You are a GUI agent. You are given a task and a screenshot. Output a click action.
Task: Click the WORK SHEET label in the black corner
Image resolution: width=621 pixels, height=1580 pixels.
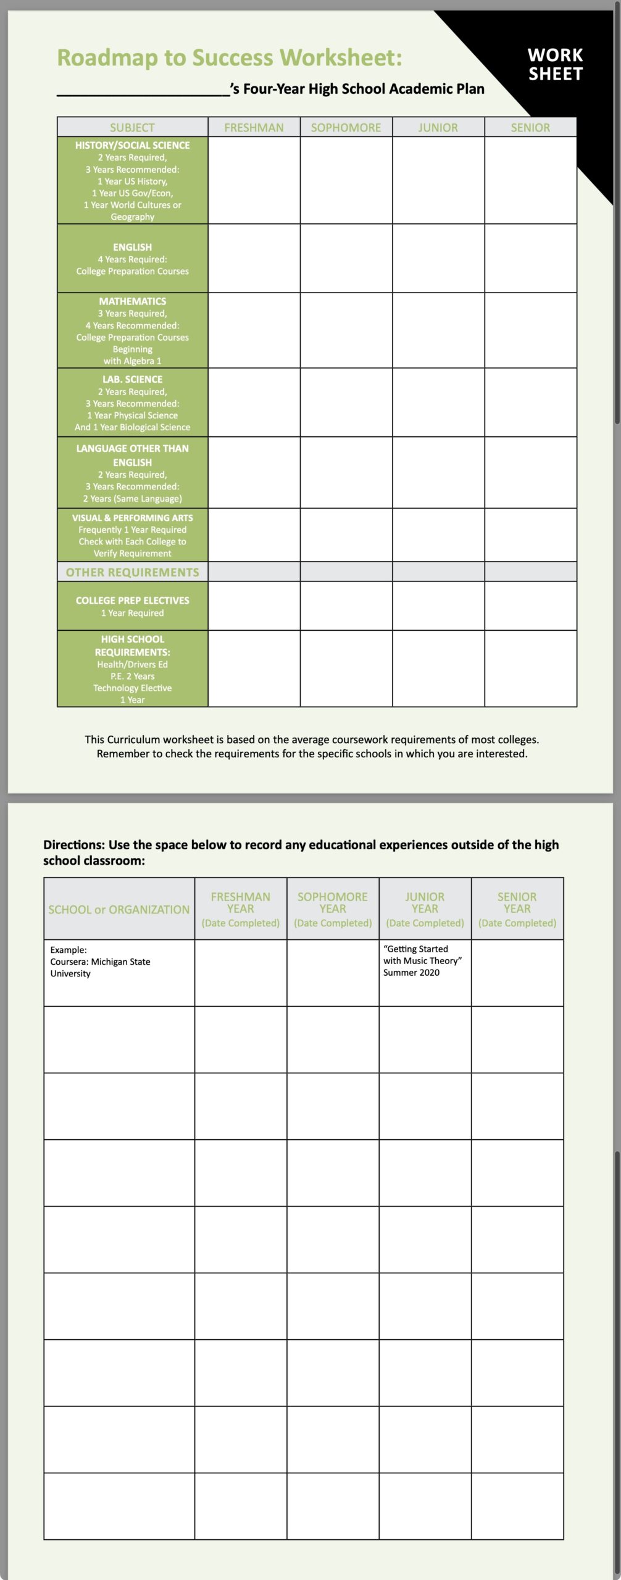pos(555,64)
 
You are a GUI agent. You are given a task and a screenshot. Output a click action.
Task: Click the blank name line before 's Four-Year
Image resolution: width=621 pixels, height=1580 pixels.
pos(143,90)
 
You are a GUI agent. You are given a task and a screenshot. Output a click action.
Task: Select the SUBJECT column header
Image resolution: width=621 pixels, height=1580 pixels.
pos(132,127)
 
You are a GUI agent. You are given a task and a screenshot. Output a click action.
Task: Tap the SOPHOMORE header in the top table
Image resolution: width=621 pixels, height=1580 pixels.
pos(346,127)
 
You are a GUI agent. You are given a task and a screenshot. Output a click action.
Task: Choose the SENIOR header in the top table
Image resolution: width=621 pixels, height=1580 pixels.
pos(530,127)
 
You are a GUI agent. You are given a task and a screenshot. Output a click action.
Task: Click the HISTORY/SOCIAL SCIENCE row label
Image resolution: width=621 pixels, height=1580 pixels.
pos(132,146)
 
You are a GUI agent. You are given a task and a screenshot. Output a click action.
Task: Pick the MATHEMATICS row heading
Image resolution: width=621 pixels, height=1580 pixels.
pos(132,301)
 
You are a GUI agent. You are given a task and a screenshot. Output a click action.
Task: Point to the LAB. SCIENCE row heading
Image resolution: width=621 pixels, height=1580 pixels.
pos(132,380)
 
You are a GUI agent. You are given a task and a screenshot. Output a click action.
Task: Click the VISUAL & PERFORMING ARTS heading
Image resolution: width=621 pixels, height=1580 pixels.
pos(132,518)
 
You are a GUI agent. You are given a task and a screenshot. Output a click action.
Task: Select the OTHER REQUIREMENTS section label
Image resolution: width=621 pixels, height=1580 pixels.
pos(132,572)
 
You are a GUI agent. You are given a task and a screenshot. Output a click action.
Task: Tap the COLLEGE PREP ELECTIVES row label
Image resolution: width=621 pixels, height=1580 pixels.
pos(132,601)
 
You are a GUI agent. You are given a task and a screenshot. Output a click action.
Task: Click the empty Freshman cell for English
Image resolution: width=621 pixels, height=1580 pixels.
pos(254,258)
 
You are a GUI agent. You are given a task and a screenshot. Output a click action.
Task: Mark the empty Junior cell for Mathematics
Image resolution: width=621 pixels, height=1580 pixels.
pos(438,330)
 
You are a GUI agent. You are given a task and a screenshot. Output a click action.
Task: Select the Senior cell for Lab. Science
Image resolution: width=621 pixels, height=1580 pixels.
pos(530,402)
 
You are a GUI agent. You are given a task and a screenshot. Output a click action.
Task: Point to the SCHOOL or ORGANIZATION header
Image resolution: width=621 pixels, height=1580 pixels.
pos(119,909)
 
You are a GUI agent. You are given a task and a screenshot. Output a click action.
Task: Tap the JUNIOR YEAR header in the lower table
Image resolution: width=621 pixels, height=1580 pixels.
pos(425,903)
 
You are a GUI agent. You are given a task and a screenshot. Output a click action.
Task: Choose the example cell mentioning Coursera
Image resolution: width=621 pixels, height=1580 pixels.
pos(100,962)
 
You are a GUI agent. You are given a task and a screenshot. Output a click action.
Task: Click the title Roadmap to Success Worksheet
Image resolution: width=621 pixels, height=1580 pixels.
pos(229,57)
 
